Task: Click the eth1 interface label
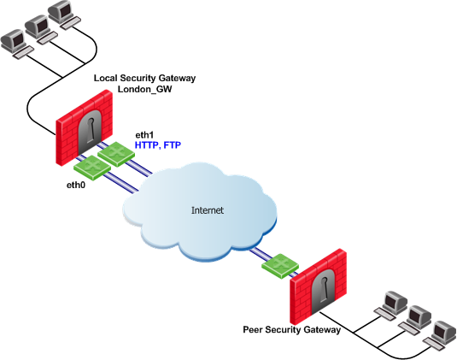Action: (x=144, y=135)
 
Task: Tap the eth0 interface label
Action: (x=76, y=185)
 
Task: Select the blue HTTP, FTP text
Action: (x=158, y=145)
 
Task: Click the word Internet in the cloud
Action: (x=208, y=210)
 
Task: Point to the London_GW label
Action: (x=144, y=89)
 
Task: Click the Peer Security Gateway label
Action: (x=292, y=330)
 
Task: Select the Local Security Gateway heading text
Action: (x=144, y=78)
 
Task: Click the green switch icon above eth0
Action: (x=92, y=167)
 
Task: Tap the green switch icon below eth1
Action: (x=116, y=154)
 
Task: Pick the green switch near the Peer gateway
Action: (x=280, y=266)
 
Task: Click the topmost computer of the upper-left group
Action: (x=64, y=15)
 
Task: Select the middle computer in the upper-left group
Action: (x=41, y=30)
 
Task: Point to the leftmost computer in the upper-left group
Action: (x=17, y=44)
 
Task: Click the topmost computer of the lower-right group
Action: (x=391, y=305)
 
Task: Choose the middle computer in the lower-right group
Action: (x=415, y=320)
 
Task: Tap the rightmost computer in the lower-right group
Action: (x=440, y=335)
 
